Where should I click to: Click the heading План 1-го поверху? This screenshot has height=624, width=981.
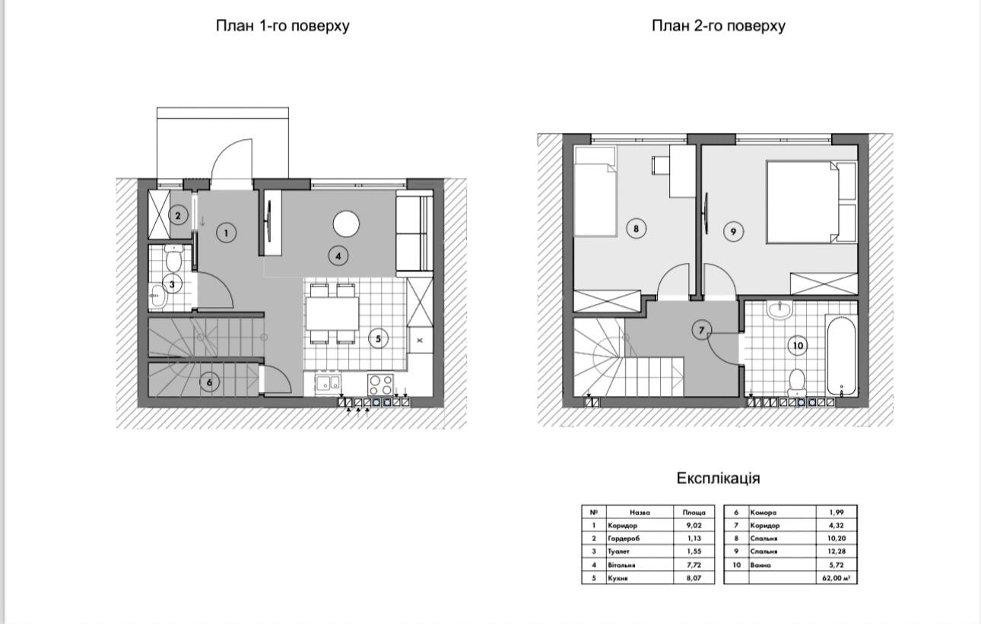click(282, 26)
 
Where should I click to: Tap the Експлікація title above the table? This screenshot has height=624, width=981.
click(718, 478)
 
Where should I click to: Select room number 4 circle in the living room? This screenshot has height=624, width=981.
click(338, 256)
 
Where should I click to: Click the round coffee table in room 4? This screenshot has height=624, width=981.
click(346, 224)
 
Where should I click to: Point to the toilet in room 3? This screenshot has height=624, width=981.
click(174, 258)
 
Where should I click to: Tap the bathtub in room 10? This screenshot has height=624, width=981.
click(841, 355)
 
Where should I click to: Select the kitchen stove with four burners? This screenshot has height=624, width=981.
click(380, 385)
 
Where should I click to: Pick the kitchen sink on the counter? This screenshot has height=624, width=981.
click(328, 383)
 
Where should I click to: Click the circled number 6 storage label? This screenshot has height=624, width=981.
click(209, 382)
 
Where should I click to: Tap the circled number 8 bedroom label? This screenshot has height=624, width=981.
click(636, 229)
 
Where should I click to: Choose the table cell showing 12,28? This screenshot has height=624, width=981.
click(837, 551)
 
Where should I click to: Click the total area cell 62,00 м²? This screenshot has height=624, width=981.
click(837, 578)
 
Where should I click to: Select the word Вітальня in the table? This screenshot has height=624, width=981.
click(621, 565)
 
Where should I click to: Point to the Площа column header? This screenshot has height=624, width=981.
click(694, 512)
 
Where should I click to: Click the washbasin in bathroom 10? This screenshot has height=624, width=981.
click(779, 310)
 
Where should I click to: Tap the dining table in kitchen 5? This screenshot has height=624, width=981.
click(332, 314)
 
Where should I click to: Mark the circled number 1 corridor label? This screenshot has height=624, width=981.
click(227, 233)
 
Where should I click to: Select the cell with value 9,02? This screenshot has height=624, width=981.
click(694, 525)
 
